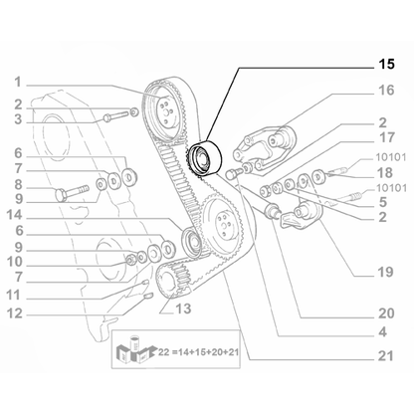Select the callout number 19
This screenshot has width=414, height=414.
[x=385, y=268]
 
